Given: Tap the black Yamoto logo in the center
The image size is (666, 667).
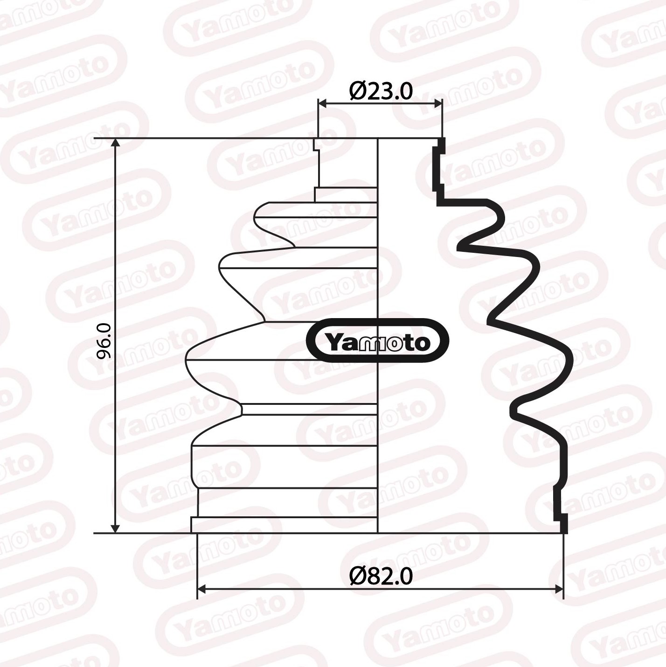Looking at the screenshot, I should (377, 341).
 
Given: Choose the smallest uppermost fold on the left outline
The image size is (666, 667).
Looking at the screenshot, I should (257, 217).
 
